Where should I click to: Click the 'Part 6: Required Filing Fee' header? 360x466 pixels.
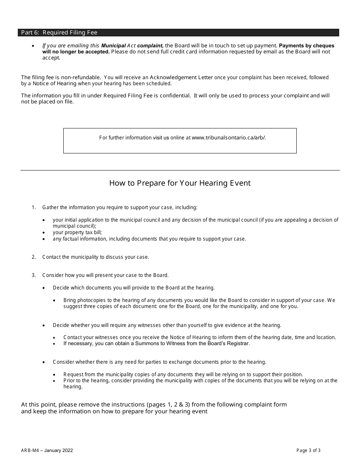coord(59,33)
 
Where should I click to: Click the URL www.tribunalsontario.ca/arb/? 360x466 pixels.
coord(229,138)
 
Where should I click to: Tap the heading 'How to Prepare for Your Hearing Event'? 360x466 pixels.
coord(180,183)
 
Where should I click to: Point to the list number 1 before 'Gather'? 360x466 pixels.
coord(34,207)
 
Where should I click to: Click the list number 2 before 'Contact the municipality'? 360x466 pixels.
coord(34,257)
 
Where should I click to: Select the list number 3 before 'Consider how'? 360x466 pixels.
coord(34,275)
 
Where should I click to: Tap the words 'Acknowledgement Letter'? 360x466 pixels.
coord(183,77)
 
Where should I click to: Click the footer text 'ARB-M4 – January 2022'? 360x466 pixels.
coord(47,450)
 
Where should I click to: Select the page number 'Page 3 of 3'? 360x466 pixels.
coord(308,450)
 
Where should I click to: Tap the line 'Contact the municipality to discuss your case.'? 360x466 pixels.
coord(95,257)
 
